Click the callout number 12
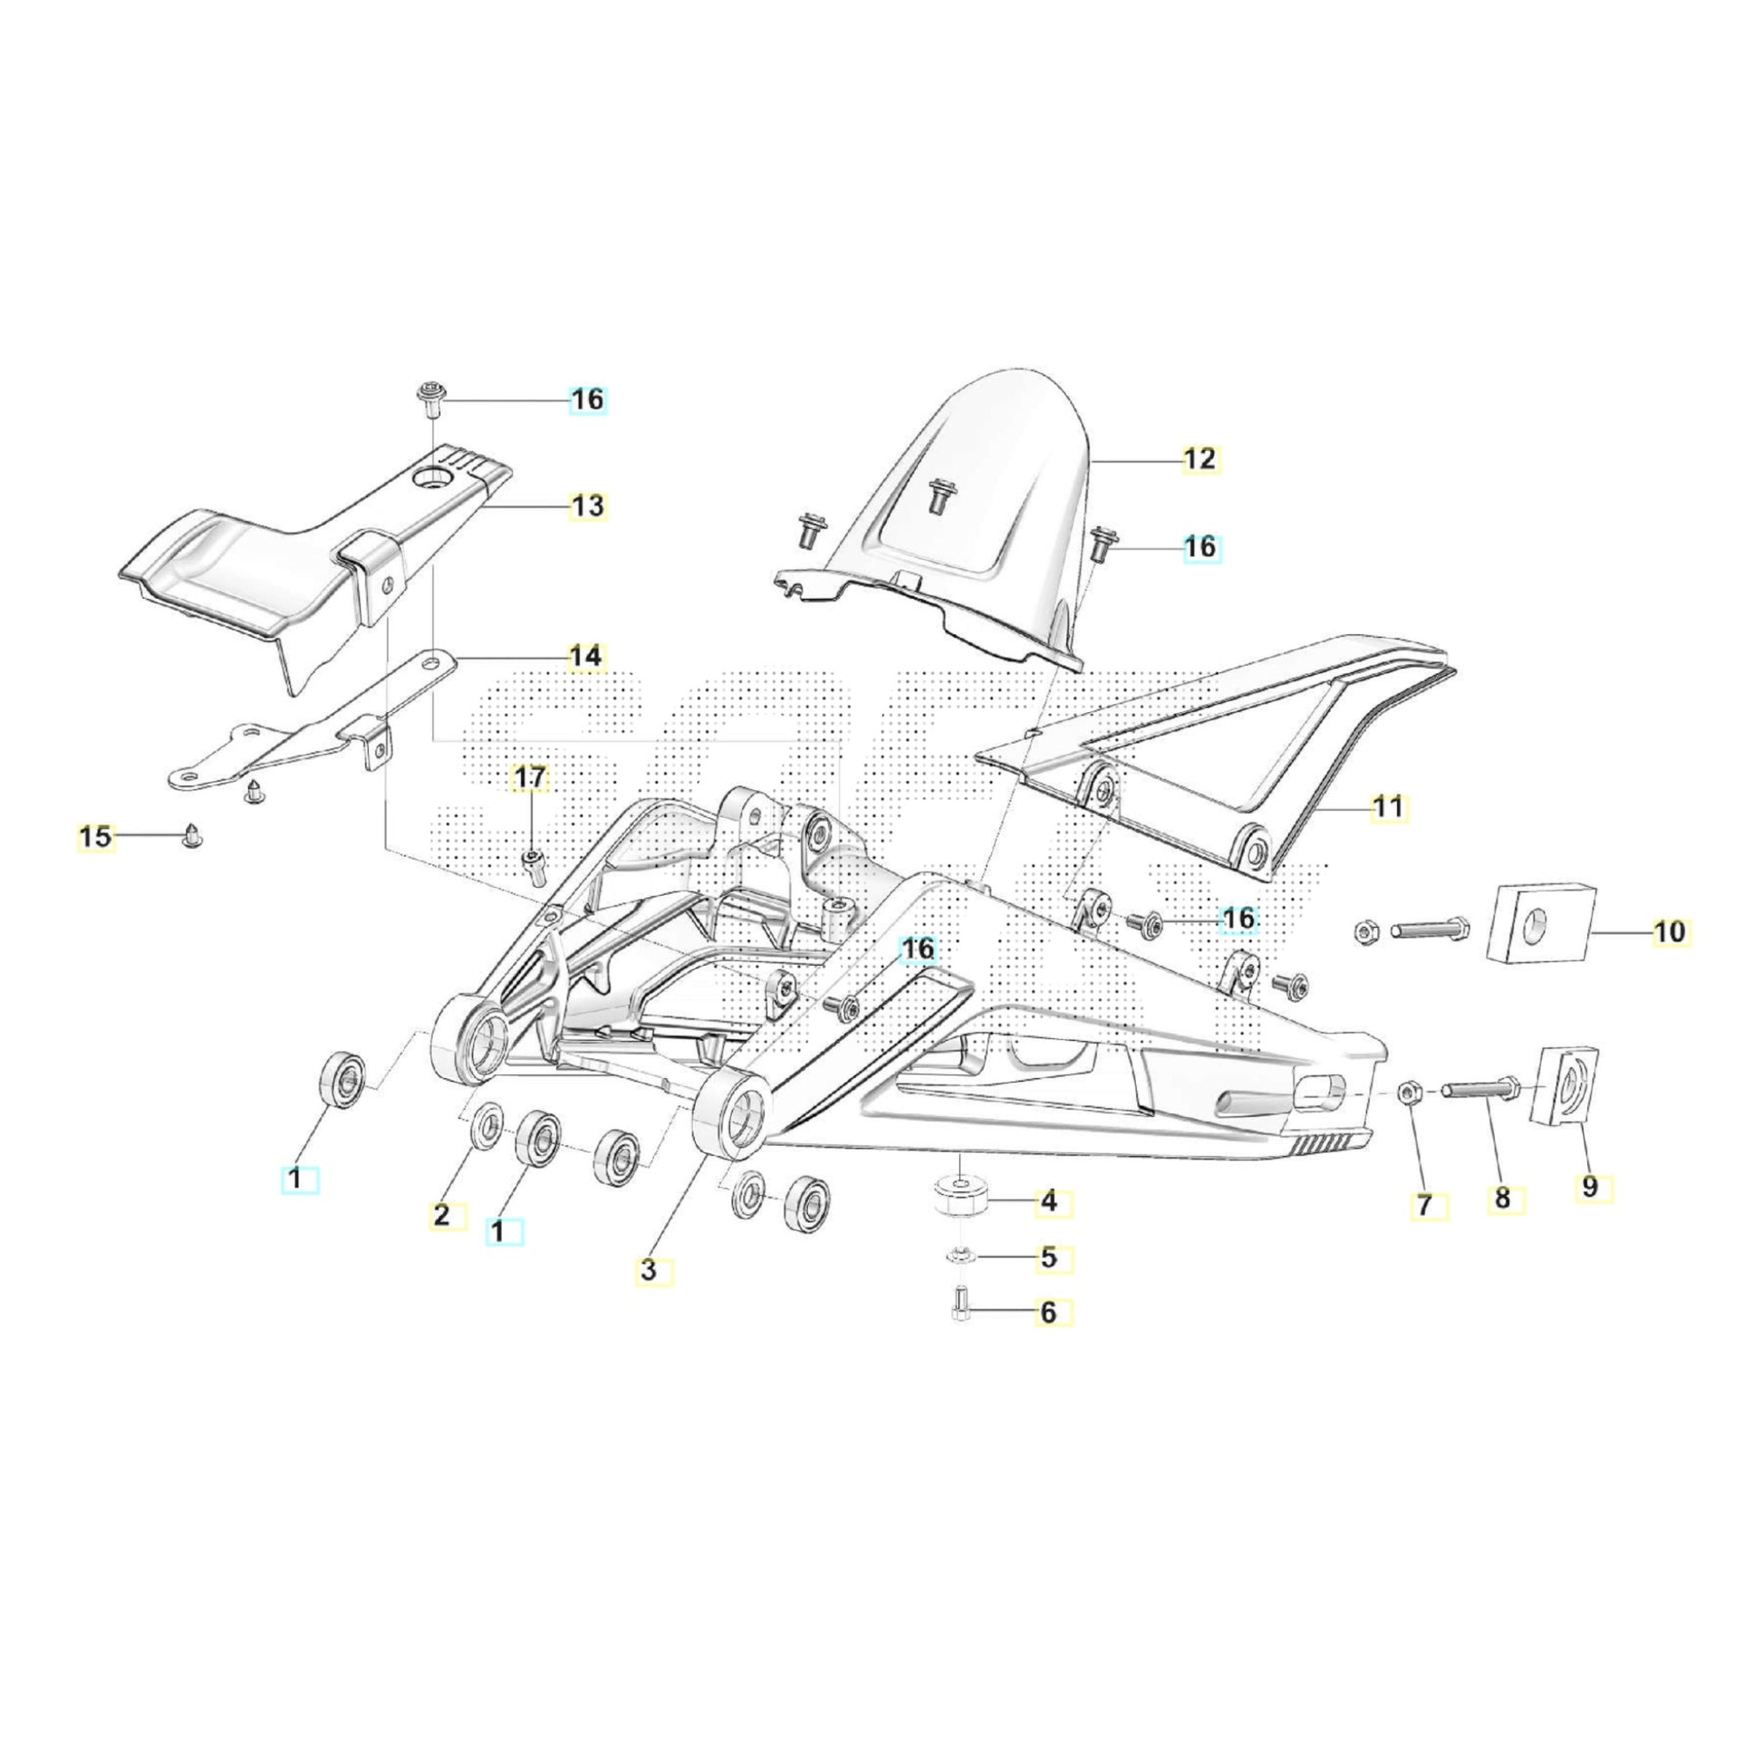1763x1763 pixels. pyautogui.click(x=1200, y=459)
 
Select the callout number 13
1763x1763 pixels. pyautogui.click(x=588, y=506)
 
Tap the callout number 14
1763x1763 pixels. pyautogui.click(x=586, y=656)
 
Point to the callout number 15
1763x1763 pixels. pyautogui.click(x=96, y=837)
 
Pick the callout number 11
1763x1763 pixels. pyautogui.click(x=1389, y=807)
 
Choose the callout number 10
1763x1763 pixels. pyautogui.click(x=1669, y=932)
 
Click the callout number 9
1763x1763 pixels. pyautogui.click(x=1591, y=1187)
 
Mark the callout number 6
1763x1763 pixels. pyautogui.click(x=1048, y=1313)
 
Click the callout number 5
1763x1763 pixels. pyautogui.click(x=1048, y=1258)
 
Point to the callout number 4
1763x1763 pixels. pyautogui.click(x=1048, y=1203)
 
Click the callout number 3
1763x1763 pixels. pyautogui.click(x=649, y=1270)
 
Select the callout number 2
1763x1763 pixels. pyautogui.click(x=442, y=1216)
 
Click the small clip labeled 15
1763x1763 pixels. pyautogui.click(x=193, y=835)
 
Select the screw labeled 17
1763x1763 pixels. pyautogui.click(x=532, y=862)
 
